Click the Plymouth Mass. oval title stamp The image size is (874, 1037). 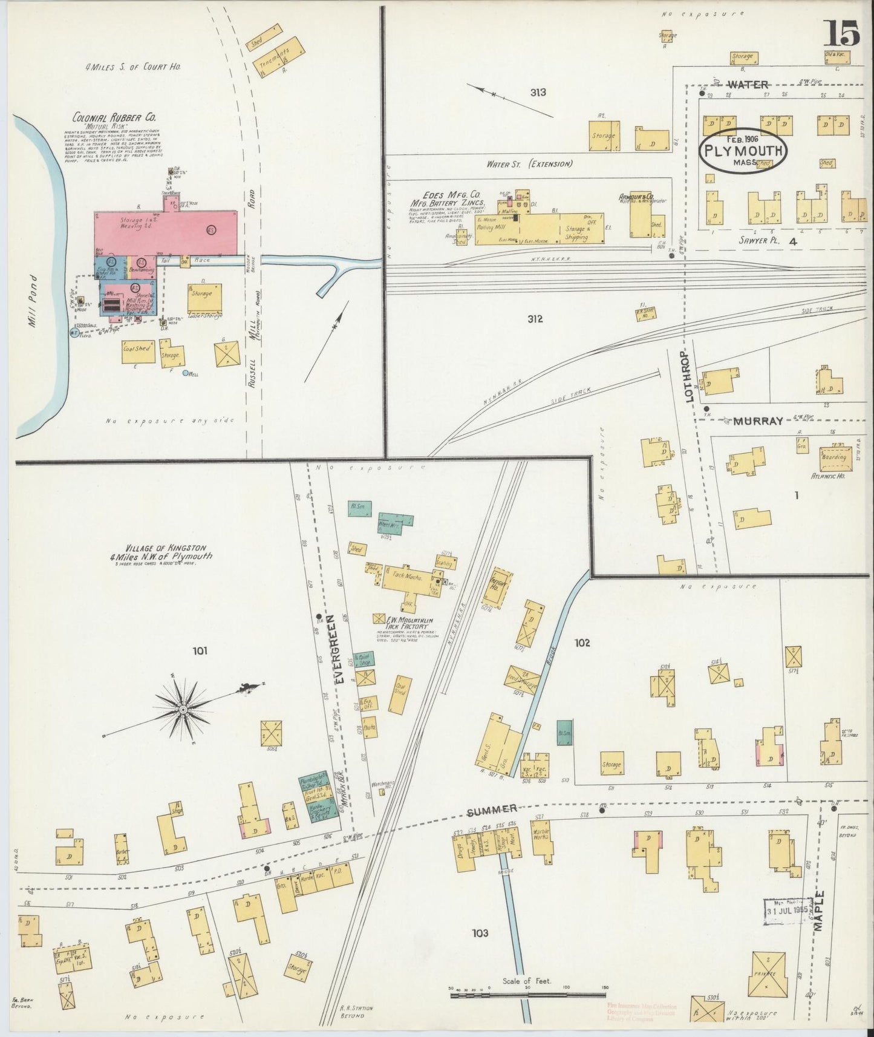[742, 149]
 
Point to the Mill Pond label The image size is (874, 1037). [34, 299]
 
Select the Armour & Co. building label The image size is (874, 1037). [636, 197]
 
